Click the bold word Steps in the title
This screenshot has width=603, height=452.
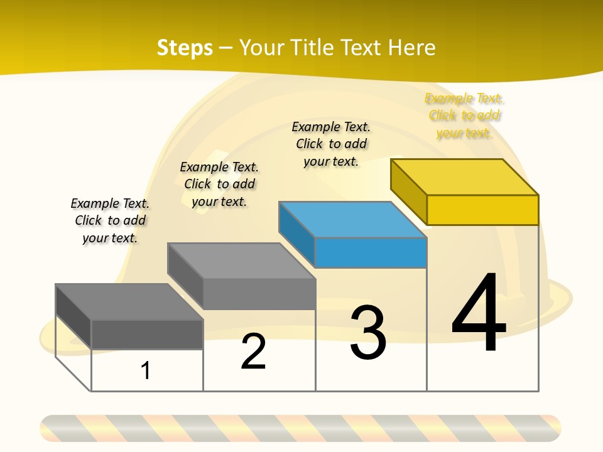pyautogui.click(x=185, y=48)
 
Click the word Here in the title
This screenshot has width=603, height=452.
pyautogui.click(x=412, y=48)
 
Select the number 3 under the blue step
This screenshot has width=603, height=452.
pyautogui.click(x=368, y=333)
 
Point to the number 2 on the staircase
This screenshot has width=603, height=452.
pyautogui.click(x=254, y=352)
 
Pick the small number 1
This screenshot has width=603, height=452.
pyautogui.click(x=146, y=370)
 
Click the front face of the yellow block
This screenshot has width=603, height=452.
pyautogui.click(x=482, y=210)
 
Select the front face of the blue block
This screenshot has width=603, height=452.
pyautogui.click(x=371, y=252)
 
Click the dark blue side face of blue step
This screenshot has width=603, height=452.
pyautogui.click(x=296, y=235)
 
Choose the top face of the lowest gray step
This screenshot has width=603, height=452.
pyautogui.click(x=129, y=301)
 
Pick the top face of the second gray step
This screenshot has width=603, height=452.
pyautogui.click(x=241, y=261)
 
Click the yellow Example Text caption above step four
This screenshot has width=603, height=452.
pyautogui.click(x=464, y=116)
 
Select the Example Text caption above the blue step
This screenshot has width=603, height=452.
pyautogui.click(x=331, y=144)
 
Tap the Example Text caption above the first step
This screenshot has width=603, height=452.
pyautogui.click(x=110, y=220)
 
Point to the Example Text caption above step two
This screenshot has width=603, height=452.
pyautogui.click(x=219, y=184)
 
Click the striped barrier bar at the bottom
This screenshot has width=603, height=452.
pyautogui.click(x=300, y=428)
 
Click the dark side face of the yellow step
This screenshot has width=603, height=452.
pyautogui.click(x=408, y=191)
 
